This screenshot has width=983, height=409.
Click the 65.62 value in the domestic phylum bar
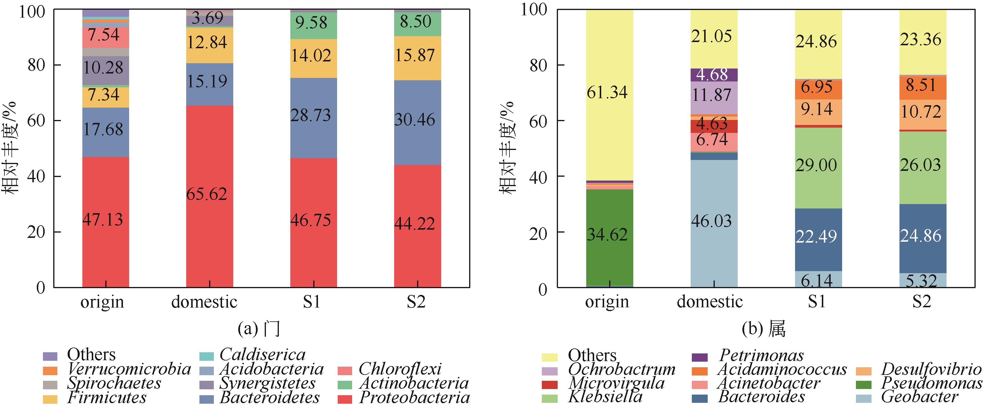click(207, 194)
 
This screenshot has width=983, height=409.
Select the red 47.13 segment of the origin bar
click(103, 220)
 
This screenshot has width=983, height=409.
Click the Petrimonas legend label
click(761, 355)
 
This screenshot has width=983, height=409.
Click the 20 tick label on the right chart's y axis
click(539, 233)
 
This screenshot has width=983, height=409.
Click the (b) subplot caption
click(763, 328)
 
